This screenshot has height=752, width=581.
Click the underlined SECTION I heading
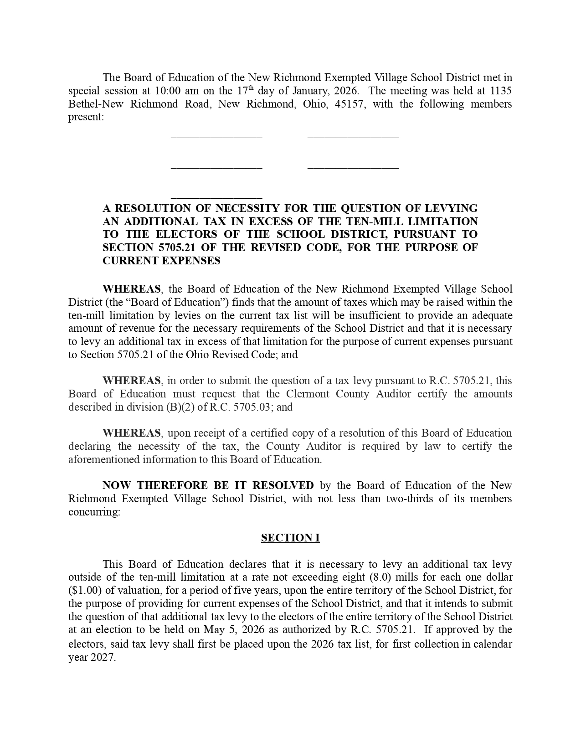pos(290,538)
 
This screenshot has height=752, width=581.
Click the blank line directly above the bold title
pos(216,198)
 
